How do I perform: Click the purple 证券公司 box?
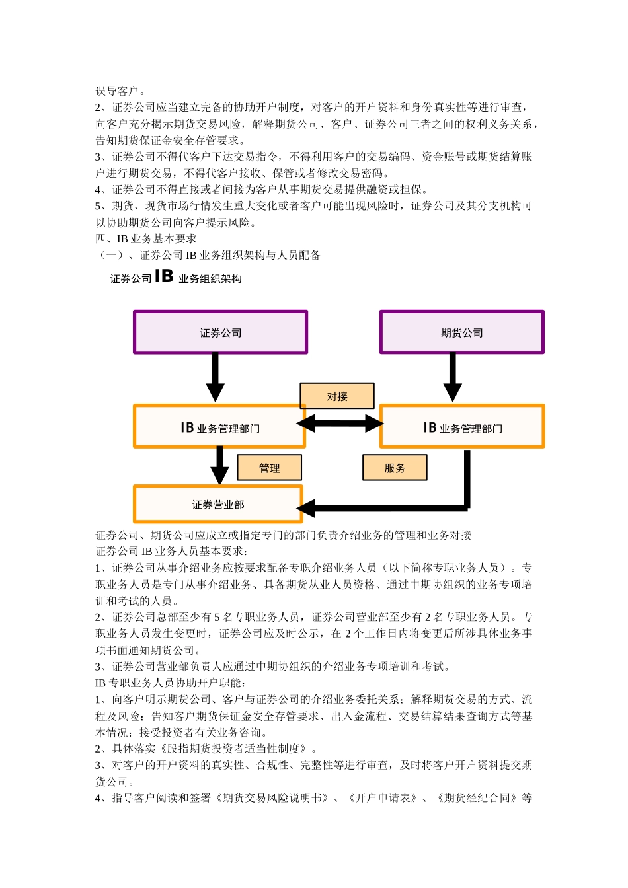coord(220,332)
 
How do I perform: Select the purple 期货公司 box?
coord(461,332)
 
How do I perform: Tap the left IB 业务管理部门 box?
coord(219,427)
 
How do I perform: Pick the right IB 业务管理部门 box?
coord(462,427)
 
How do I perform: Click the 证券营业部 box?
coord(218,504)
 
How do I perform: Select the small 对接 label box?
coord(337,396)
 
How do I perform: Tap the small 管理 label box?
coord(269,468)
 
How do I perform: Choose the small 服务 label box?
coord(395,468)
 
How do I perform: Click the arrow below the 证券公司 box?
coord(215,377)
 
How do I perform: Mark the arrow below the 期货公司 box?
coord(452,377)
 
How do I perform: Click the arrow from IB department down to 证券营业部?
coord(219,466)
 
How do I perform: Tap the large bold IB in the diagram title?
coord(164,276)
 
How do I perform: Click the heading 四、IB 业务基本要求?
coord(146,239)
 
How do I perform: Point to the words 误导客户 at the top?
coord(117,91)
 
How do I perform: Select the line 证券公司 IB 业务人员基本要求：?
coord(173,551)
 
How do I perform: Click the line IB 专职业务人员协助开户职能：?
coord(170,683)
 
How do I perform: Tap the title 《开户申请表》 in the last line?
coord(382,797)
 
